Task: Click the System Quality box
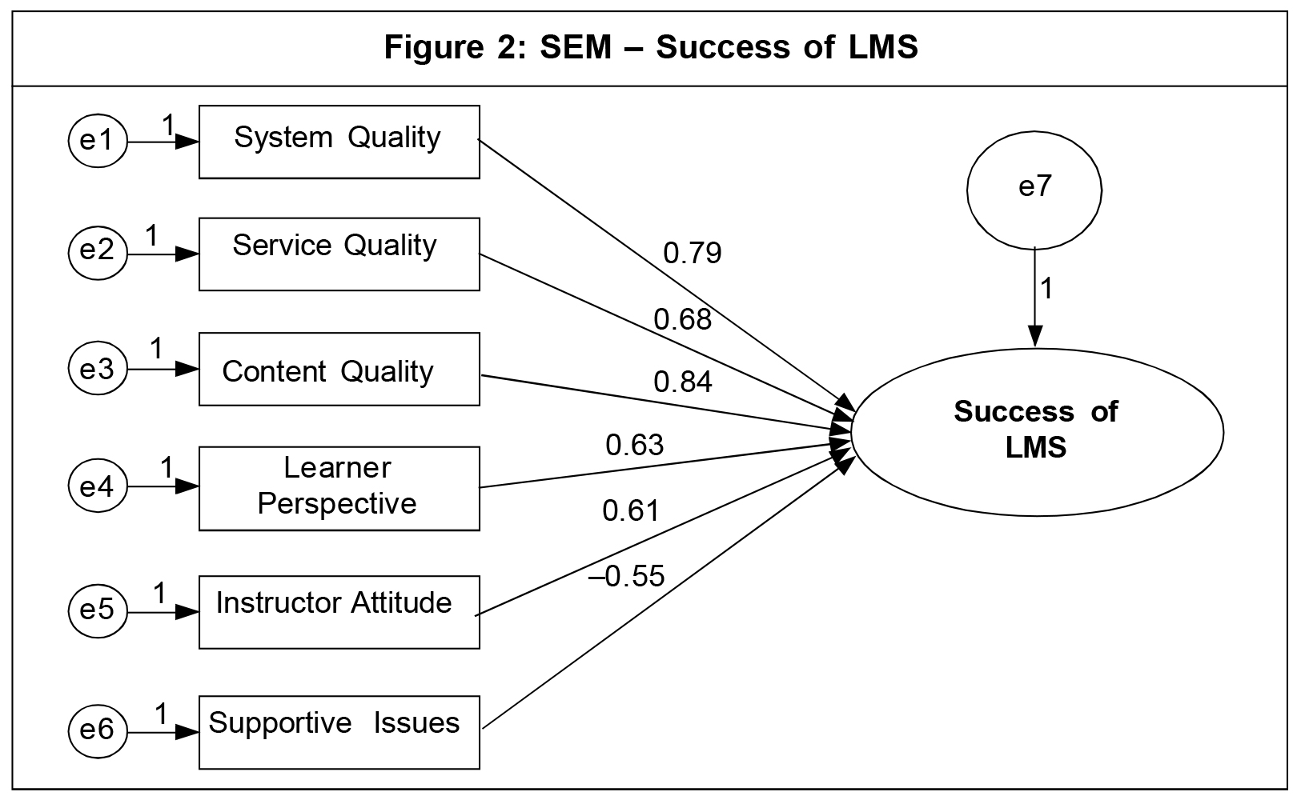(x=339, y=142)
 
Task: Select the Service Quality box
(x=339, y=254)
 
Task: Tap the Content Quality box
(x=339, y=369)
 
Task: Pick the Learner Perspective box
(x=339, y=488)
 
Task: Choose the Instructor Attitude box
(x=339, y=611)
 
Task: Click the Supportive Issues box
(x=339, y=732)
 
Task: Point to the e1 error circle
(x=97, y=142)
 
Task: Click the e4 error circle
(x=97, y=486)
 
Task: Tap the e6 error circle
(x=97, y=730)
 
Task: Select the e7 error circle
(x=1034, y=189)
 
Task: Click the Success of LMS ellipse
(x=1037, y=431)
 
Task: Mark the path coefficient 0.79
(x=693, y=254)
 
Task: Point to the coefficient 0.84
(x=683, y=382)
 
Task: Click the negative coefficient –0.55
(x=627, y=576)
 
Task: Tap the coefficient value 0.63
(x=635, y=445)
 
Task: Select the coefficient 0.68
(x=683, y=320)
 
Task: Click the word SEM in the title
(x=575, y=48)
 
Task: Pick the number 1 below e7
(x=1046, y=289)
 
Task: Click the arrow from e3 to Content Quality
(x=163, y=369)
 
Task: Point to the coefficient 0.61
(x=631, y=510)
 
